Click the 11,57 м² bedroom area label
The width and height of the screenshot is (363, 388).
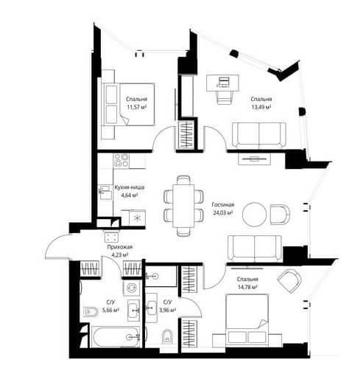point(137,107)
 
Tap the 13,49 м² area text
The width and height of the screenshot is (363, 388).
point(261,107)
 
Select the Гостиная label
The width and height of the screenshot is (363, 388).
point(223,205)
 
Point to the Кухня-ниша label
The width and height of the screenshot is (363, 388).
point(130,187)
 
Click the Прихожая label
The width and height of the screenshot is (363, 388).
point(120,246)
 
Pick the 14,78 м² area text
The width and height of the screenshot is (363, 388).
point(247,287)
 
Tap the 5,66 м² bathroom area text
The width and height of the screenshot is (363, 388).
point(111,310)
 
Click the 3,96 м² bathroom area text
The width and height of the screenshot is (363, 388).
point(168,310)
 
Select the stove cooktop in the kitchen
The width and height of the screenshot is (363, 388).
point(121,160)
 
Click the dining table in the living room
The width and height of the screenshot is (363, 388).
point(183,206)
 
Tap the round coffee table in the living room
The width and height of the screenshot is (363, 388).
point(254,215)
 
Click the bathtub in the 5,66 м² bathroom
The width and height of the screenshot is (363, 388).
point(116,337)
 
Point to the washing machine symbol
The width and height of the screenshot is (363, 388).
point(131,288)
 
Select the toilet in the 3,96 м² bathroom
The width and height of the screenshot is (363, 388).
point(167,336)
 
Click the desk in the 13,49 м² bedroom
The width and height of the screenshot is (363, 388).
point(223,83)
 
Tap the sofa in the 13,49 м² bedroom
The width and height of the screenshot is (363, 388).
point(259,135)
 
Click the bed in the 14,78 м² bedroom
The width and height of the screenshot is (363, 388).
point(247,319)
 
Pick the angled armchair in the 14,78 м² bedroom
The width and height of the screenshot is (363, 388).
point(289,281)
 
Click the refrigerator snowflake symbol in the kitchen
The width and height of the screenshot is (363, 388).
point(137,218)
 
